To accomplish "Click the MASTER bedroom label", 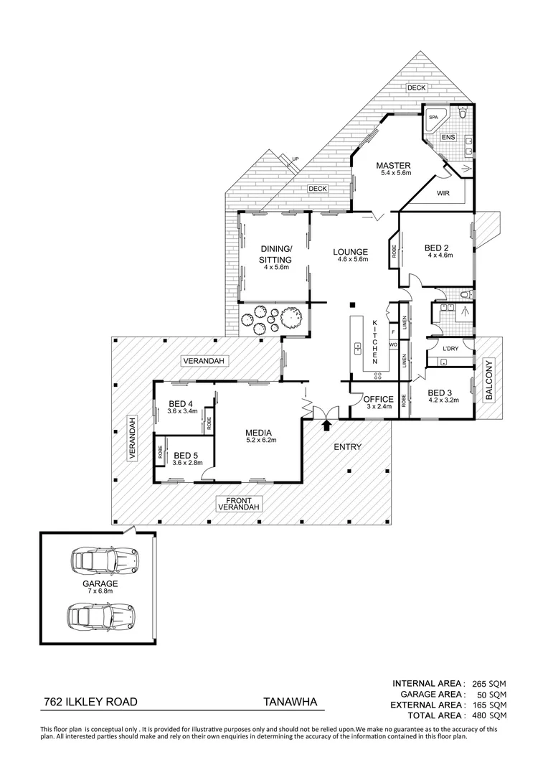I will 393,166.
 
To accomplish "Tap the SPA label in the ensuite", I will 433,116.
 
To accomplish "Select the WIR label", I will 443,192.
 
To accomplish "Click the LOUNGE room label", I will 350,252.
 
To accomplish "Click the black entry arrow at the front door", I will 327,426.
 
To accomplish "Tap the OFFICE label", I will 378,400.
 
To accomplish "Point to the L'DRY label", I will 450,349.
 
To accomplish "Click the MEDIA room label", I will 258,433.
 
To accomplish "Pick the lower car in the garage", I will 101,614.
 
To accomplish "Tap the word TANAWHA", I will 289,703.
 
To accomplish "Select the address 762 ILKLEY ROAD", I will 90,703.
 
